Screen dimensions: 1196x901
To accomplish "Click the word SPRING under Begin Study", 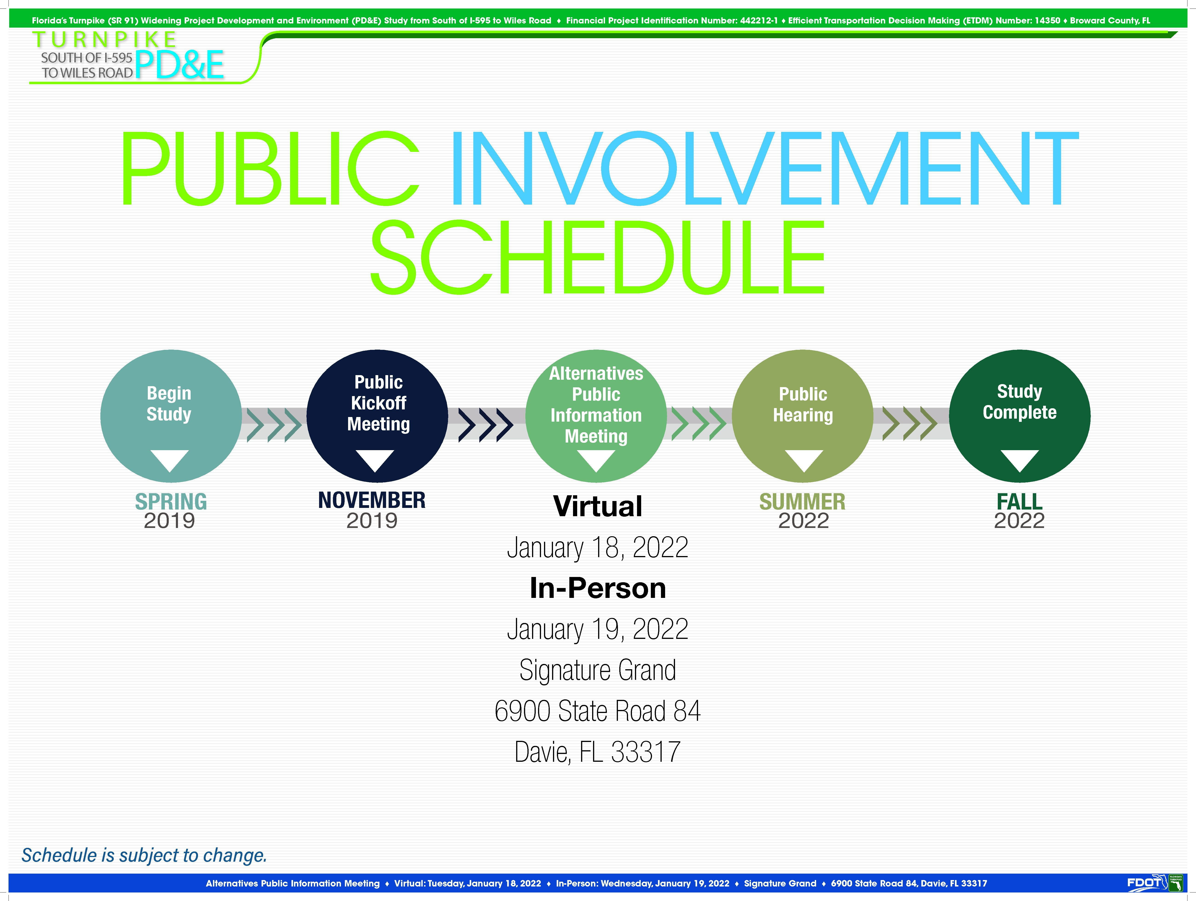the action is point(171,501).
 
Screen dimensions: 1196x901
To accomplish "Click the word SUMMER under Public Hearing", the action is point(802,501).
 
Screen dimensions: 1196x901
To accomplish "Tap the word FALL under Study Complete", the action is point(1020,501).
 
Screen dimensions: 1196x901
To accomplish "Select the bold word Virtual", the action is point(598,507).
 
